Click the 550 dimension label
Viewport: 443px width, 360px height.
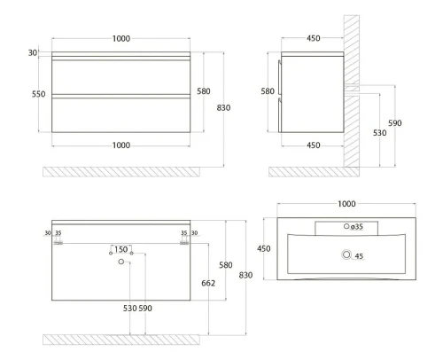(39, 94)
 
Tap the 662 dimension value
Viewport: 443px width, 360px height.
(208, 283)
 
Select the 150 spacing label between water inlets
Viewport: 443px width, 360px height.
(121, 249)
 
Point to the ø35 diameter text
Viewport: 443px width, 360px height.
(357, 227)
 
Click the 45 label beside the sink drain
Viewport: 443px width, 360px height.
(359, 256)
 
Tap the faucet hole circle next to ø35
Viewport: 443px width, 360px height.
(346, 226)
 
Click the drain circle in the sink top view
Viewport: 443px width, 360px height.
(346, 254)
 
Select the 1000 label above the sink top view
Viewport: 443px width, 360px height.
(346, 204)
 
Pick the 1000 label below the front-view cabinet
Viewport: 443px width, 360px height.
(121, 145)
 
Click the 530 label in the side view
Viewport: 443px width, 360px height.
(379, 133)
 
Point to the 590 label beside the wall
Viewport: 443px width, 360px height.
(395, 123)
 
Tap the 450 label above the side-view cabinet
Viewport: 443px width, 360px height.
(314, 38)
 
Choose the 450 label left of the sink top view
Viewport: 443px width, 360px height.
(263, 248)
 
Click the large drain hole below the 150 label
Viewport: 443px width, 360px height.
(120, 262)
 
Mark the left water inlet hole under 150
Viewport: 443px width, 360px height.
(111, 254)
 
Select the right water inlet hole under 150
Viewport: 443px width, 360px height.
(132, 254)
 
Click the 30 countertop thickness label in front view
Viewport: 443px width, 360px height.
(33, 53)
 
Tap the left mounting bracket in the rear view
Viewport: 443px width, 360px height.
(58, 243)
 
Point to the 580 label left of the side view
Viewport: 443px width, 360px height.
(268, 91)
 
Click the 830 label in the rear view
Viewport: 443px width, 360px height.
(245, 275)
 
